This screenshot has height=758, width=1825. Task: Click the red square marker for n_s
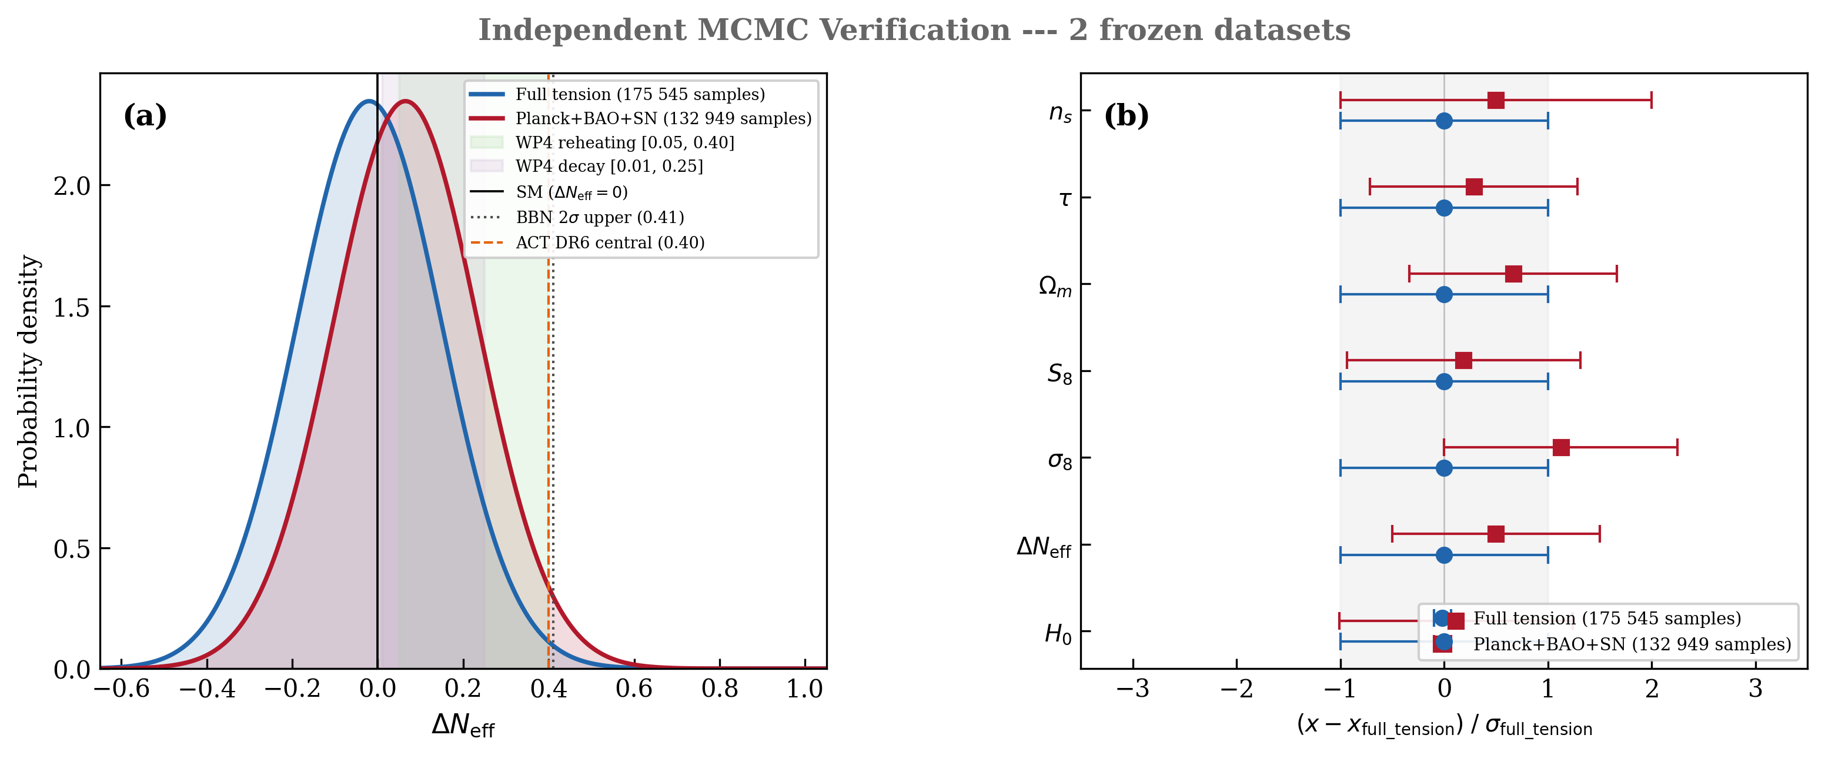click(1496, 101)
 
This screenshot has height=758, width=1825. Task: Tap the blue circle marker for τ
click(1444, 208)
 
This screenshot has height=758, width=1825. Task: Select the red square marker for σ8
click(1561, 447)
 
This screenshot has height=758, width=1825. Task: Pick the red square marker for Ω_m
click(1513, 274)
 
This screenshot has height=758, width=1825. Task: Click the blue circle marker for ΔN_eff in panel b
click(1444, 554)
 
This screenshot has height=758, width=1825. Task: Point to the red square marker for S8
click(1463, 360)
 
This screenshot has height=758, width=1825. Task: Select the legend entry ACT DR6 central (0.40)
click(609, 242)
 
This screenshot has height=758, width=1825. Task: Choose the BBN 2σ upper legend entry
click(599, 217)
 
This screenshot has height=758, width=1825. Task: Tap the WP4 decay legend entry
click(609, 166)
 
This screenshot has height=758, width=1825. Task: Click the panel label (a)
click(145, 115)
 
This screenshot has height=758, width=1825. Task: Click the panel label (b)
click(1126, 115)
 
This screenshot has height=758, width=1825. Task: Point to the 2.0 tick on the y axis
click(72, 186)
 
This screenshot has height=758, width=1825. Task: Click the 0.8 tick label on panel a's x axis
click(720, 689)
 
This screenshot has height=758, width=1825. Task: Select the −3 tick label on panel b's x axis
click(1132, 689)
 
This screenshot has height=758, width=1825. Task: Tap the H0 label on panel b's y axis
click(1058, 633)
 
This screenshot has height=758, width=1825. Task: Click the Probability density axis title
click(28, 371)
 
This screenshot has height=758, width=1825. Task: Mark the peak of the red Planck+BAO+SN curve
click(406, 101)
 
